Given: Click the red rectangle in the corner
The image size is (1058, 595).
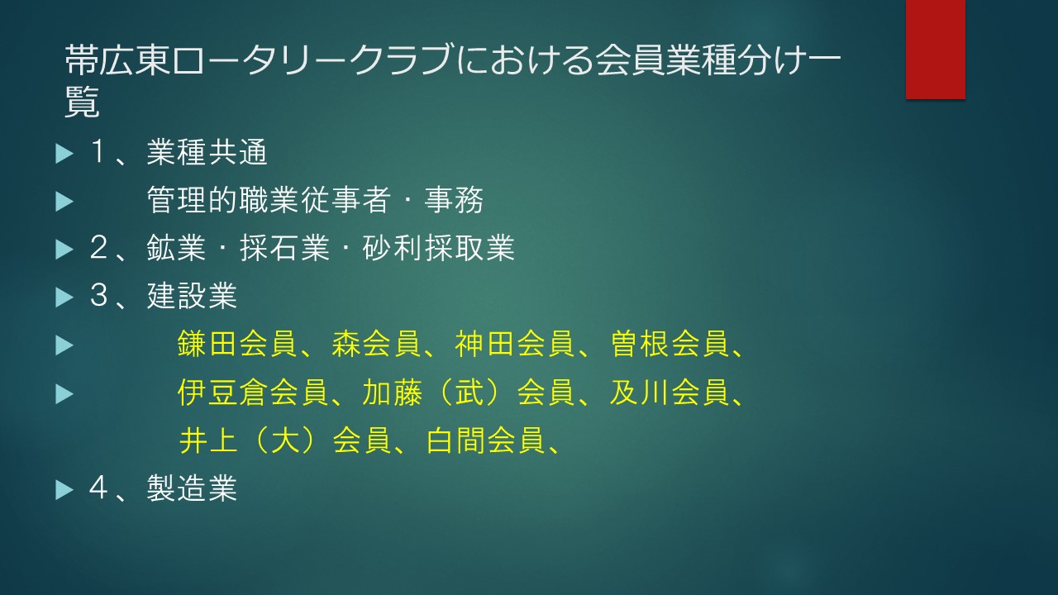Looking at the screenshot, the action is pyautogui.click(x=935, y=50).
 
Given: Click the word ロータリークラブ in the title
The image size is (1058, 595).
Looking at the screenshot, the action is pyautogui.click(x=312, y=61).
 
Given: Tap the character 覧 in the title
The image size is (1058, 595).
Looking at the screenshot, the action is pyautogui.click(x=82, y=102).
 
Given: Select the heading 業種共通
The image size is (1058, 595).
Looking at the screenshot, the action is pyautogui.click(x=207, y=152).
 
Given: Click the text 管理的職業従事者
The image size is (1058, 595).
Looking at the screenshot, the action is pyautogui.click(x=269, y=200).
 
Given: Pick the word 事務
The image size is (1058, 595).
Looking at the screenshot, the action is pyautogui.click(x=454, y=200).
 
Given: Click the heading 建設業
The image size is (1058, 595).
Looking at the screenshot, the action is pyautogui.click(x=192, y=296).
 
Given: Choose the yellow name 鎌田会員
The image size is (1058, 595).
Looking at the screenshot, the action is pyautogui.click(x=236, y=343).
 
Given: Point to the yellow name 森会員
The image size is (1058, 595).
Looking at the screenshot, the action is pyautogui.click(x=376, y=343).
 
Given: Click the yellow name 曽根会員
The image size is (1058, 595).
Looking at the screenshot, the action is pyautogui.click(x=670, y=343).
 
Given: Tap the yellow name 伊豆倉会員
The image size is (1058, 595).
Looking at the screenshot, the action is pyautogui.click(x=252, y=392).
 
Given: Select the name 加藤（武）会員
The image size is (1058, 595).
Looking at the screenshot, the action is pyautogui.click(x=469, y=392).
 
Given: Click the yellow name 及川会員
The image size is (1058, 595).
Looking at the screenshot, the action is pyautogui.click(x=670, y=392).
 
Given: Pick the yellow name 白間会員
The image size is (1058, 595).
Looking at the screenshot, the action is pyautogui.click(x=485, y=440).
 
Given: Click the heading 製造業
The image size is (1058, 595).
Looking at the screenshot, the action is pyautogui.click(x=192, y=488).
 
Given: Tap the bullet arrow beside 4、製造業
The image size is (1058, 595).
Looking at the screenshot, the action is pyautogui.click(x=64, y=490).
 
